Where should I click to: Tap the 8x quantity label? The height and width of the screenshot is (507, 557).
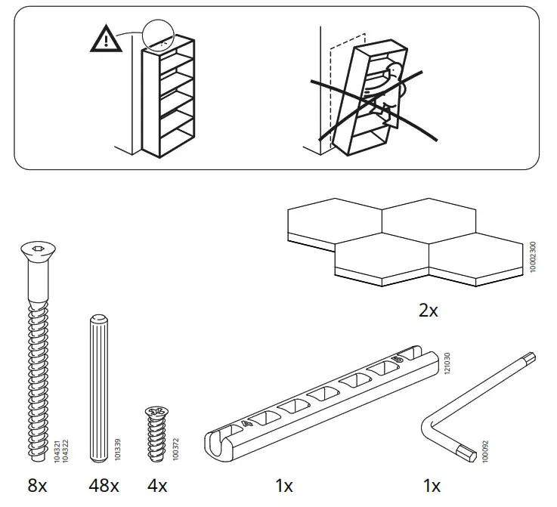[x=37, y=486]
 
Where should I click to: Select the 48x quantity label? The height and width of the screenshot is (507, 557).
[x=104, y=486]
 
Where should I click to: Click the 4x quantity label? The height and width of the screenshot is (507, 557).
[x=159, y=486]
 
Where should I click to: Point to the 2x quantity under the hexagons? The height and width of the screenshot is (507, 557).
[x=428, y=311]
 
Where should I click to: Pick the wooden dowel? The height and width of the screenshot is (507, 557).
[x=98, y=385]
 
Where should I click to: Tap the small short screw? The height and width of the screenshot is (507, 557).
[x=158, y=434]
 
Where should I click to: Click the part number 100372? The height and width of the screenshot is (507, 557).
[x=176, y=448]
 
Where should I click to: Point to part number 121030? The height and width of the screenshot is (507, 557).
[x=447, y=366]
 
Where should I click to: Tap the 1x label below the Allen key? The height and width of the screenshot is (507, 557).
[x=431, y=486]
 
